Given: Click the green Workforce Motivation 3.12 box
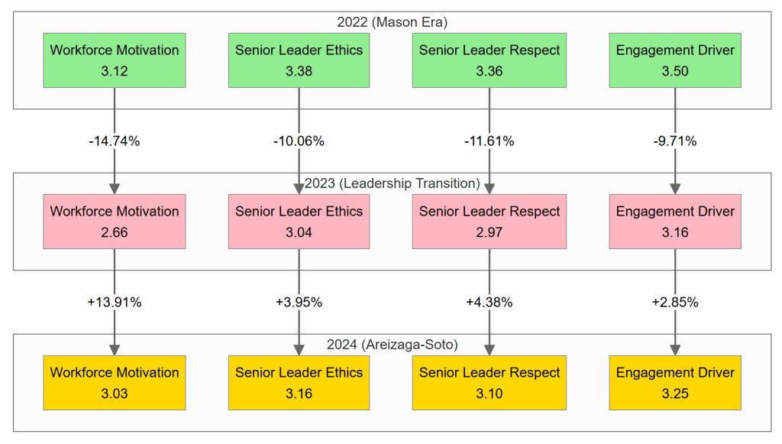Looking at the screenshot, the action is (115, 60).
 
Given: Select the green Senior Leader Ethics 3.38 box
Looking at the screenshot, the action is (299, 60).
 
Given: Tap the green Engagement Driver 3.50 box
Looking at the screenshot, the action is (675, 60).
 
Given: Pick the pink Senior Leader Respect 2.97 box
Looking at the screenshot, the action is (490, 222).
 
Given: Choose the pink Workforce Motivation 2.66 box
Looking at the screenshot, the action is (115, 222).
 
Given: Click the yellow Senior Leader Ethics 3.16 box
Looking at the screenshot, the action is (299, 383).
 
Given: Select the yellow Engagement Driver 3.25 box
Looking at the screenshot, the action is (675, 383).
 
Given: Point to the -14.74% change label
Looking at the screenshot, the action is (115, 141).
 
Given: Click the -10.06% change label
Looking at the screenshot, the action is (299, 141).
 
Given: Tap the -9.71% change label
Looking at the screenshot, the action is (675, 141).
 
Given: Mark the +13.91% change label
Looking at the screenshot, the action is (115, 303).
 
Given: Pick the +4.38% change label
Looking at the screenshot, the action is (490, 303).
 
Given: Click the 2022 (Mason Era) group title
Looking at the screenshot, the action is (392, 22).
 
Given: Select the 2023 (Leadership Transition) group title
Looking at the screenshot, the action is (392, 183).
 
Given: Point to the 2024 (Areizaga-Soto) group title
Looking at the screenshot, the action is (392, 344).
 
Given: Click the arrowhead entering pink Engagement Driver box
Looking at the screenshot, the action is (675, 189).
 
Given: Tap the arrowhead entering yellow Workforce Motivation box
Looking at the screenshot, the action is (115, 350).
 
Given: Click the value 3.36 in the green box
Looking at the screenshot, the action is (490, 71).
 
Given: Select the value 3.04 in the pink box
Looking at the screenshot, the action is (299, 232).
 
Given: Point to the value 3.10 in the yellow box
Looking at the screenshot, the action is (490, 393).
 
